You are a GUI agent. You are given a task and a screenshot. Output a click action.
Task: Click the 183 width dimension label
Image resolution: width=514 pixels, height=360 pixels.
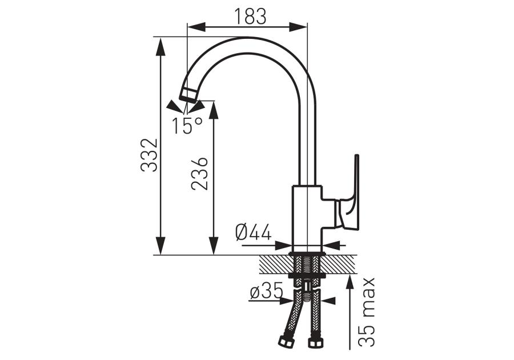coord(250,17)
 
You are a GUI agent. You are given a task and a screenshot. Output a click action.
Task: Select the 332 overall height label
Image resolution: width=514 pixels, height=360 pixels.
coord(150,155)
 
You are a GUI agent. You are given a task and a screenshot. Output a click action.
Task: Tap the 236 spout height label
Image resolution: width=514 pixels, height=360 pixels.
coord(200,174)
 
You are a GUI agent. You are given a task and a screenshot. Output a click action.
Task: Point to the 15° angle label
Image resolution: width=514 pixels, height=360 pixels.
coord(187,125)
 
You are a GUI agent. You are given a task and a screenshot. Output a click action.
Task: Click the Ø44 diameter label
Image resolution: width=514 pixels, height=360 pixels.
coord(254,233)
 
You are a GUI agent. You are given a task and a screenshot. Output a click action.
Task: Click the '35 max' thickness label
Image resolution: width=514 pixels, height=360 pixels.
coord(367,312)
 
